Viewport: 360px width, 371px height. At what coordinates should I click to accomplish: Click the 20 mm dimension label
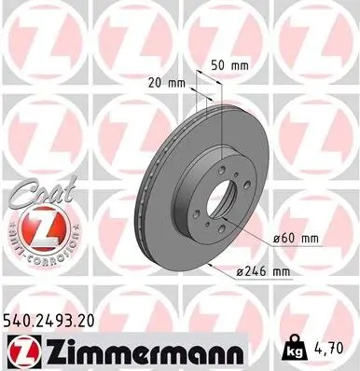click(169, 81)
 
